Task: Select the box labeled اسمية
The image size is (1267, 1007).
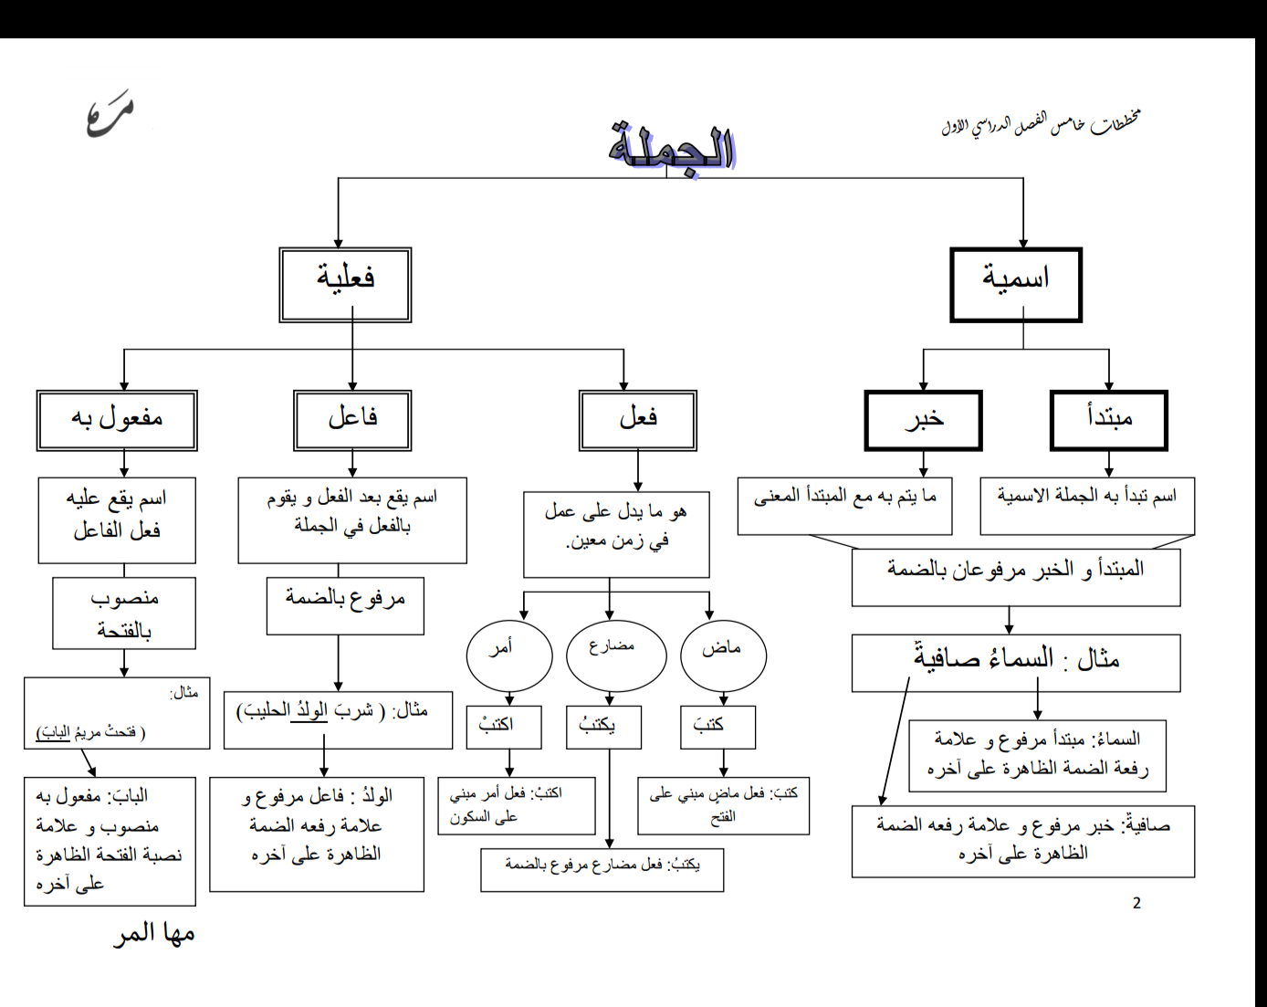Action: pyautogui.click(x=1015, y=284)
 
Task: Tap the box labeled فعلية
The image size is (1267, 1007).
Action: pyautogui.click(x=345, y=284)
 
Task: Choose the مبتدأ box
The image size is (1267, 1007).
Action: pyautogui.click(x=1108, y=420)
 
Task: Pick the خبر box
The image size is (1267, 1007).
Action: pyautogui.click(x=923, y=420)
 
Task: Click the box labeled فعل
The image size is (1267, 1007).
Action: pyautogui.click(x=637, y=420)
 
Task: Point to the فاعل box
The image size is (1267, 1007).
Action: pyautogui.click(x=352, y=420)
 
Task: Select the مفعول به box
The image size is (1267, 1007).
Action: pyautogui.click(x=117, y=420)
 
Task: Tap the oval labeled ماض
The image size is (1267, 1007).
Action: pyautogui.click(x=723, y=654)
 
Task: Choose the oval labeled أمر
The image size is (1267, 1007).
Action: pyautogui.click(x=508, y=654)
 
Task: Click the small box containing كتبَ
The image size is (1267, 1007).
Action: pyautogui.click(x=717, y=727)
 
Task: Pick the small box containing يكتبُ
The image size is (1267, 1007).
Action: pyautogui.click(x=602, y=728)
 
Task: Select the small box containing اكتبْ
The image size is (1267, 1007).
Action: pyautogui.click(x=503, y=728)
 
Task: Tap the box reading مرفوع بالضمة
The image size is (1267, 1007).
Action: pyautogui.click(x=345, y=604)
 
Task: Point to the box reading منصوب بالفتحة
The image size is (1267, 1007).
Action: pyautogui.click(x=124, y=613)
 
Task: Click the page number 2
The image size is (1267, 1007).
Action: pyautogui.click(x=1136, y=903)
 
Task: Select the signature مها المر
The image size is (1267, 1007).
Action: pyautogui.click(x=154, y=934)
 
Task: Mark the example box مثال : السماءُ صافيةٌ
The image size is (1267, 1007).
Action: pyautogui.click(x=1015, y=663)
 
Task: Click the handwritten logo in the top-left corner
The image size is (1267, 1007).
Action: pyautogui.click(x=110, y=116)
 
